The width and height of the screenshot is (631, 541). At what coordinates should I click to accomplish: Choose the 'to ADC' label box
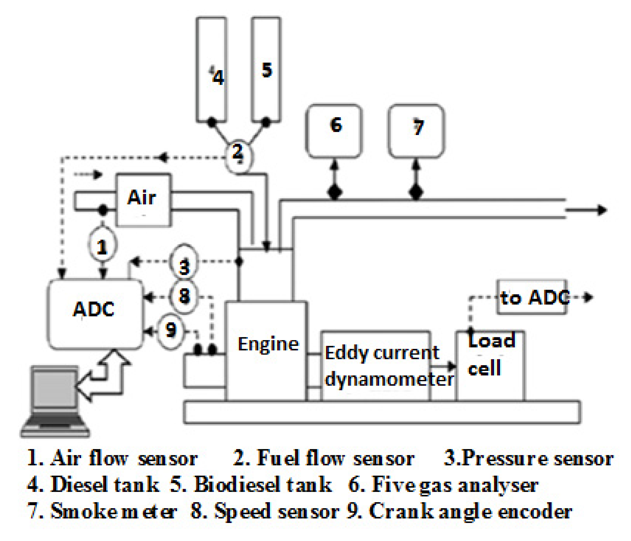(x=532, y=297)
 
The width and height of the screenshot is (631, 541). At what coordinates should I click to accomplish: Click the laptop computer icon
(x=55, y=401)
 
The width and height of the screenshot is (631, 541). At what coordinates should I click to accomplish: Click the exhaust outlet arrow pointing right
(x=586, y=210)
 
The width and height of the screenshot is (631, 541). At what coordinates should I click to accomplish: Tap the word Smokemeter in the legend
(x=113, y=511)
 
